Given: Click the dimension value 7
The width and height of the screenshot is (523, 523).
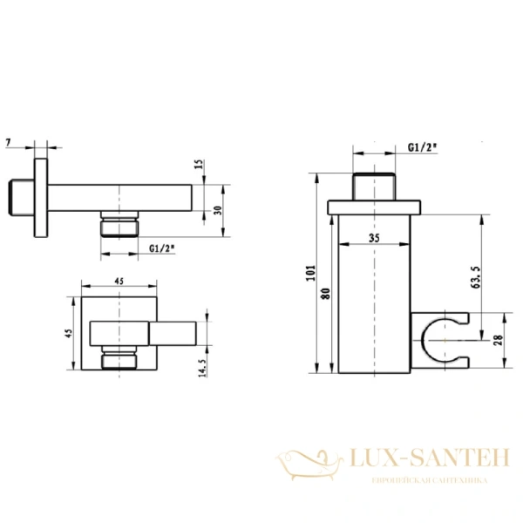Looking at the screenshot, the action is [9, 142].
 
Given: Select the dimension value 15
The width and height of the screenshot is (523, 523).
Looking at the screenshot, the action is [199, 165].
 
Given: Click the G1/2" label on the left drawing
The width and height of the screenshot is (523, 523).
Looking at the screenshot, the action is [162, 248].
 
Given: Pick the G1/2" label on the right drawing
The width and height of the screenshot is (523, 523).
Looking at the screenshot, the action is [422, 147].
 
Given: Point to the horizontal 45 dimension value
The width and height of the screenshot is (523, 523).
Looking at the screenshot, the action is [119, 282].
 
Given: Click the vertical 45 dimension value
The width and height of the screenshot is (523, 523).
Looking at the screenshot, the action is [69, 333].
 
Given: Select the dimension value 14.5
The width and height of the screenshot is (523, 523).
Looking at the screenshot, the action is [203, 368].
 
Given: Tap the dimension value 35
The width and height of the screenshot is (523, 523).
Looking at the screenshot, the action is [374, 238].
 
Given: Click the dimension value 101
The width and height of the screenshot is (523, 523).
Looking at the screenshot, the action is [311, 273].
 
